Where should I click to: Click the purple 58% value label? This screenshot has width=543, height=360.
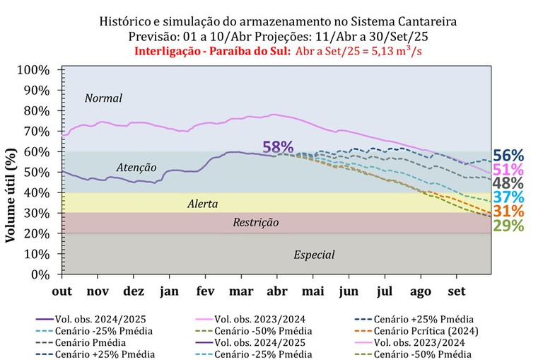coord(277,147)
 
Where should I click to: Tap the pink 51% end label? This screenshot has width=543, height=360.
coord(508,170)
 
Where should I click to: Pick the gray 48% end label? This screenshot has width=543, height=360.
coord(508,184)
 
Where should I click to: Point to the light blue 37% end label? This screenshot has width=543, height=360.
coord(508,198)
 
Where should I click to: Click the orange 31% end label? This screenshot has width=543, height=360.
coord(508,211)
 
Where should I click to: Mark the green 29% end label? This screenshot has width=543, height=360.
coord(508,226)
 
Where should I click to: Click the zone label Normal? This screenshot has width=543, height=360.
coord(103,98)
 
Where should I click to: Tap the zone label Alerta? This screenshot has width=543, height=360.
coord(202,204)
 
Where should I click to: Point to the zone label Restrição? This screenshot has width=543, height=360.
coord(256,223)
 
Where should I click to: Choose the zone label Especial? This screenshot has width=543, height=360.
coord(314,255)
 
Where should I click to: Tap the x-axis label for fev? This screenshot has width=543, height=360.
coord(205,291)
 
